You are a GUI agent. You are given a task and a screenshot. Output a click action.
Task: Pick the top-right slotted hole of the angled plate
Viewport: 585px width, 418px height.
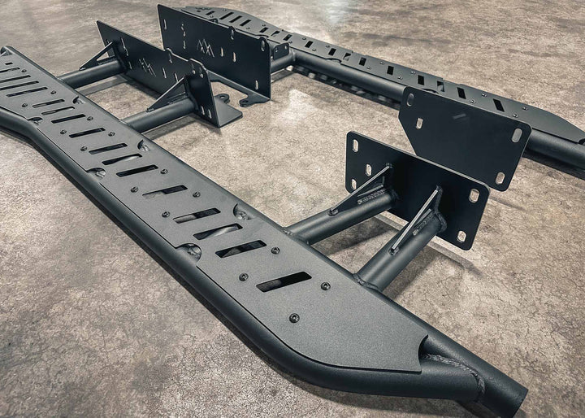click(x=517, y=135)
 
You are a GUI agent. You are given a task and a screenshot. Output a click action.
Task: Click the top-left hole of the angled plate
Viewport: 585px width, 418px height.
click(x=411, y=98)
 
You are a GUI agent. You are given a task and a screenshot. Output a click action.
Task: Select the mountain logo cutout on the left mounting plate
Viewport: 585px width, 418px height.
click(x=146, y=64)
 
